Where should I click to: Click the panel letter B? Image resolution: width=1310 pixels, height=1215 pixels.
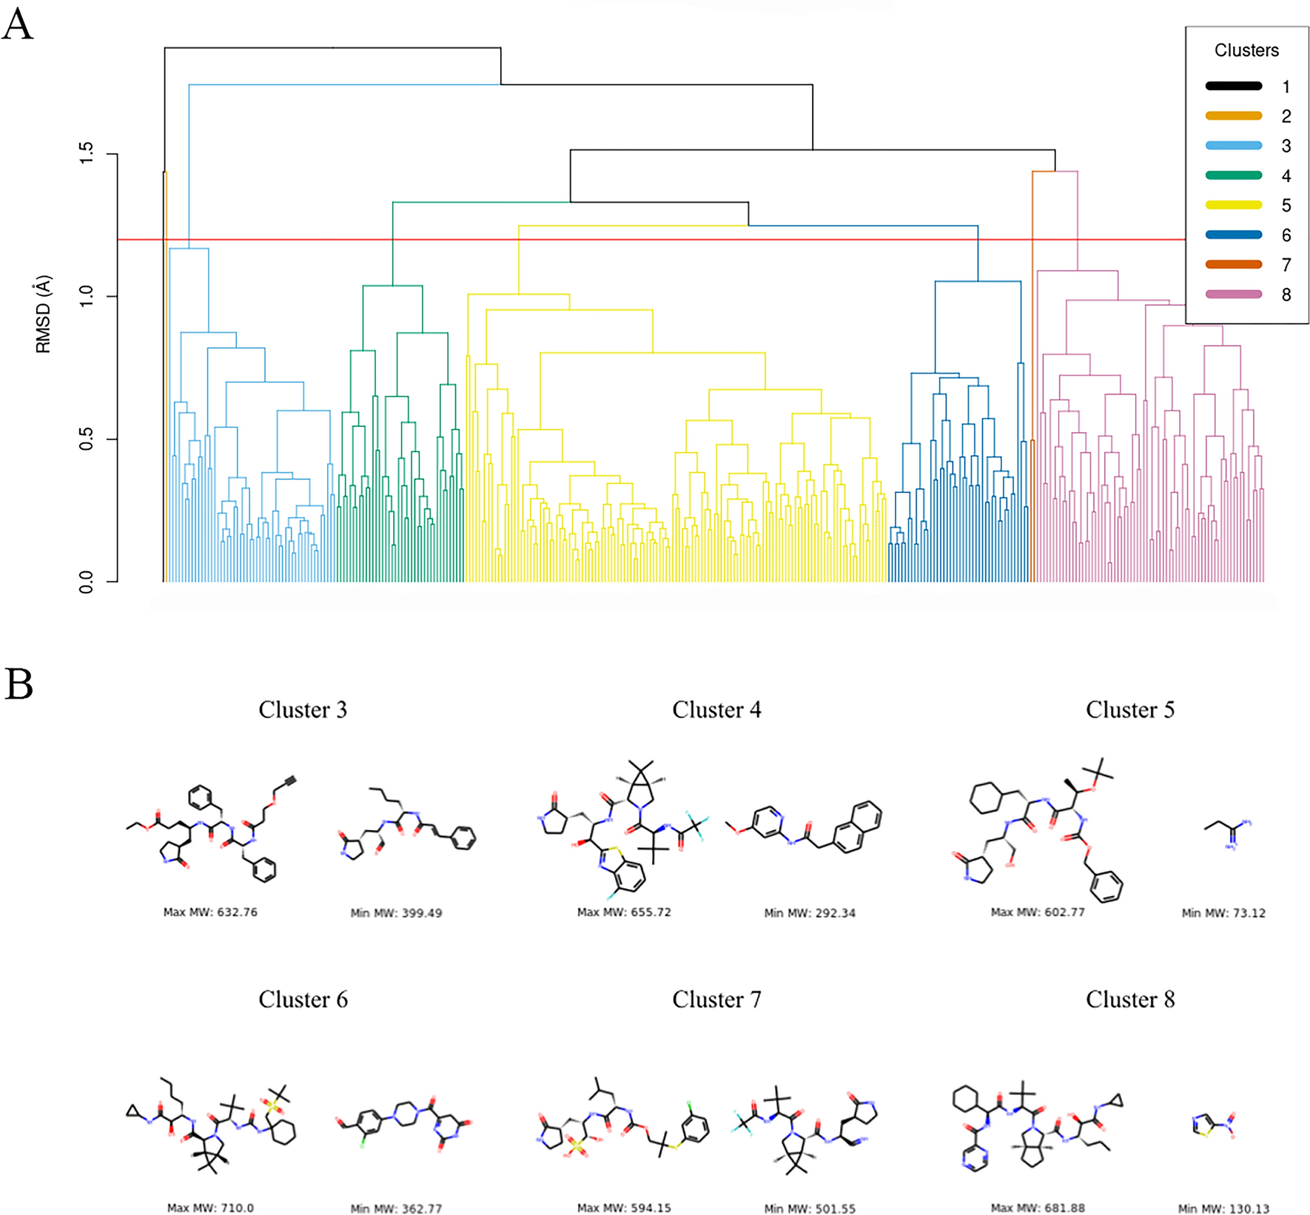(19, 684)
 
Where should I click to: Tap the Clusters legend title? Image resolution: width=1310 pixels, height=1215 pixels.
(1246, 50)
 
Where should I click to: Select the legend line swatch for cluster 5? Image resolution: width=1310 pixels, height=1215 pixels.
(1233, 205)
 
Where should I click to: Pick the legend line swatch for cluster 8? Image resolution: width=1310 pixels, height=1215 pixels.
(1233, 294)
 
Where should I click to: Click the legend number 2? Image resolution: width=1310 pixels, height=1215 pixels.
(1286, 116)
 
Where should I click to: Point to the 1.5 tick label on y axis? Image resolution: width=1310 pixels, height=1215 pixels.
(87, 153)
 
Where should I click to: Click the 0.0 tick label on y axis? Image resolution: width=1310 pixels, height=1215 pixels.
(87, 582)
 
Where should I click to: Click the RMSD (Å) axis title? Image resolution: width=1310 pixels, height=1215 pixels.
(44, 314)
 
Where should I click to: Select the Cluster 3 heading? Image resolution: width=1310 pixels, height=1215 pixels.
(303, 710)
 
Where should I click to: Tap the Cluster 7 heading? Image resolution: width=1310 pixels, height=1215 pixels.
(716, 1000)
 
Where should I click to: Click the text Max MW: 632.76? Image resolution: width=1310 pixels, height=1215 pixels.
(210, 912)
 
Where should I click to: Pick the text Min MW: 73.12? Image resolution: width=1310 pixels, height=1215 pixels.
(1223, 913)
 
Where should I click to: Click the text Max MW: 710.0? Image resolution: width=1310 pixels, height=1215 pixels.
(210, 1208)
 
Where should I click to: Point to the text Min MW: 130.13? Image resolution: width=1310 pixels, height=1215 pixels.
(1223, 1208)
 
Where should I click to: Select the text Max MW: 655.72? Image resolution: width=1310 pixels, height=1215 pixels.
(624, 912)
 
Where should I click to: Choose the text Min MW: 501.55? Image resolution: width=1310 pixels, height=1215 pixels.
(810, 1208)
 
